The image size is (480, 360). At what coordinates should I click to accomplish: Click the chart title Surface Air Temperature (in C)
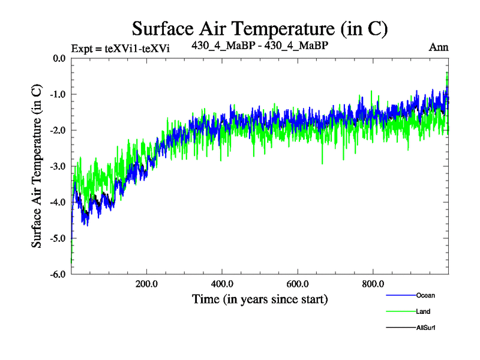pyautogui.click(x=260, y=28)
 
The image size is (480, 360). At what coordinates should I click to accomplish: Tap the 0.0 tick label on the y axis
pyautogui.click(x=59, y=58)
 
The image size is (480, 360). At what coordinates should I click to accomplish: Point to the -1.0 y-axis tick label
pyautogui.click(x=58, y=94)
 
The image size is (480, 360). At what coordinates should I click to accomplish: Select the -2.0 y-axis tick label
pyautogui.click(x=58, y=130)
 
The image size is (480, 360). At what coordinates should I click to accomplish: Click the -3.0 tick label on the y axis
pyautogui.click(x=58, y=166)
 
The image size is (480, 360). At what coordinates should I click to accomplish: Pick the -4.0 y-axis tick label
pyautogui.click(x=58, y=202)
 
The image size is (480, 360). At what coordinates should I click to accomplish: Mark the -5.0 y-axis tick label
pyautogui.click(x=58, y=238)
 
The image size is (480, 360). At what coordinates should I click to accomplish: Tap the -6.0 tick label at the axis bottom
pyautogui.click(x=58, y=274)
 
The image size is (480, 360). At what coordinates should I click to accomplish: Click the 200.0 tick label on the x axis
pyautogui.click(x=146, y=284)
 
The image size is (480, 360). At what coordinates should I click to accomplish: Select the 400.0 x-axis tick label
pyautogui.click(x=222, y=284)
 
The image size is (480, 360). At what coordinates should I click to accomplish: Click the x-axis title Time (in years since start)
pyautogui.click(x=260, y=298)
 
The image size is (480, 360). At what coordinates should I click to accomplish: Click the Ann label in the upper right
pyautogui.click(x=439, y=47)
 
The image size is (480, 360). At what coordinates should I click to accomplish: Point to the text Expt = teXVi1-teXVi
pyautogui.click(x=120, y=49)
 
